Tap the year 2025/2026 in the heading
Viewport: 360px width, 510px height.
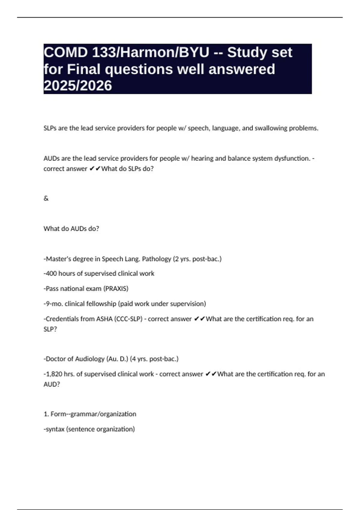pyautogui.click(x=78, y=86)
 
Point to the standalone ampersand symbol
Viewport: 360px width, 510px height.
pyautogui.click(x=46, y=198)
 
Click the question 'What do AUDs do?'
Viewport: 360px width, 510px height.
pyautogui.click(x=71, y=229)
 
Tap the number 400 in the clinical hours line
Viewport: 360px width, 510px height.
pyautogui.click(x=51, y=274)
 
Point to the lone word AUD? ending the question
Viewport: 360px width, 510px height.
pyautogui.click(x=52, y=384)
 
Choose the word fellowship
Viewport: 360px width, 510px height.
pyautogui.click(x=101, y=304)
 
